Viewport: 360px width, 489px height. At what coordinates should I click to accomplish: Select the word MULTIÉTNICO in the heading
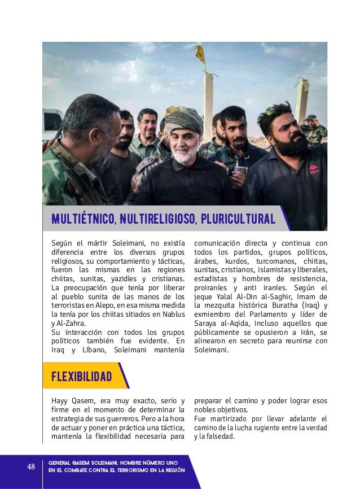(76, 218)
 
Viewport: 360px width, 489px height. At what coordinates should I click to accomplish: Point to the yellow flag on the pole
(199, 55)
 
